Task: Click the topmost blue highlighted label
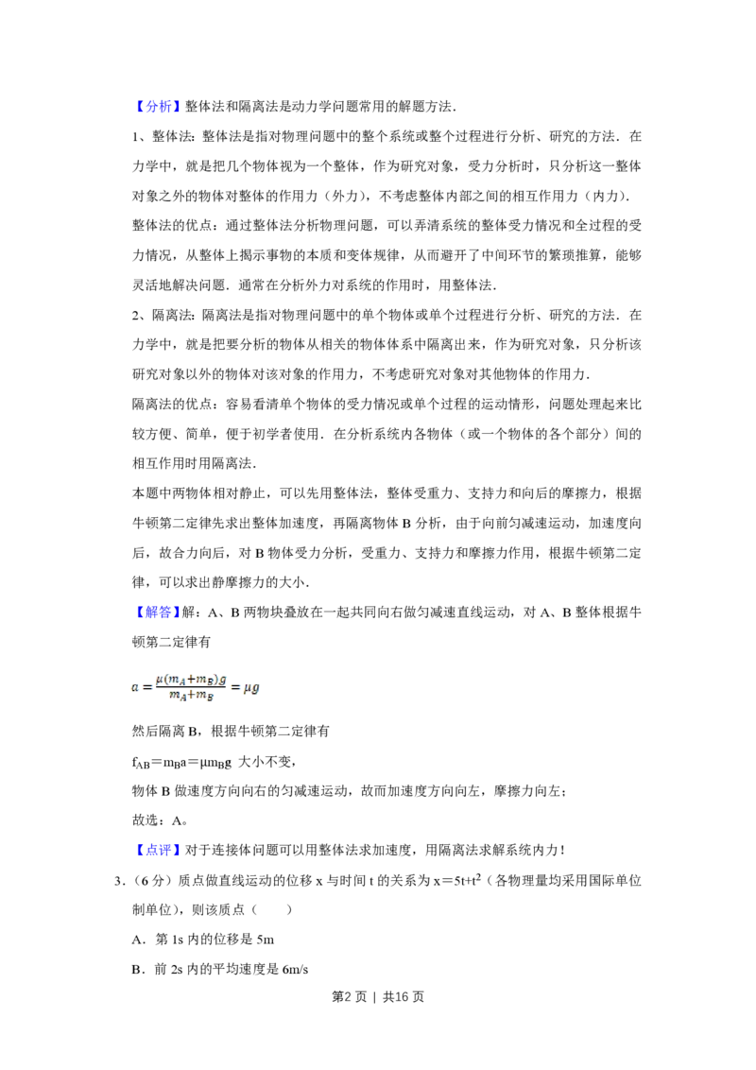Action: pos(158,106)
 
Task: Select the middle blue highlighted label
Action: pos(158,613)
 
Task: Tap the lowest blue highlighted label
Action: pos(158,851)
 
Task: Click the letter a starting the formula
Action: pos(134,688)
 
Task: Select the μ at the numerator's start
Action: pos(156,680)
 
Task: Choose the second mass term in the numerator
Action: pos(205,680)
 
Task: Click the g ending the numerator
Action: pos(223,680)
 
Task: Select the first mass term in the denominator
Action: pos(175,697)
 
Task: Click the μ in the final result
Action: pos(246,688)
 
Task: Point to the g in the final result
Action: pos(255,689)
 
